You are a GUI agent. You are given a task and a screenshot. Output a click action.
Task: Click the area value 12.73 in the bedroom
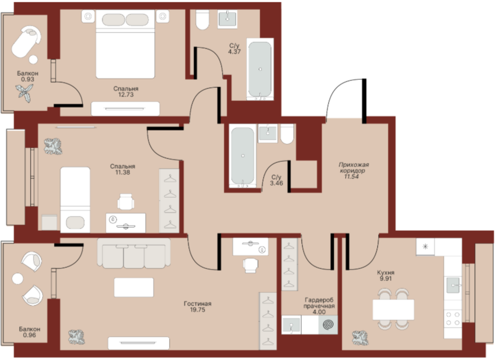click(x=126, y=95)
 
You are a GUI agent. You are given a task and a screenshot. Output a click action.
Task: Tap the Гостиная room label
click(x=198, y=304)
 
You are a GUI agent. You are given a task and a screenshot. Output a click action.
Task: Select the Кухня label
click(x=386, y=272)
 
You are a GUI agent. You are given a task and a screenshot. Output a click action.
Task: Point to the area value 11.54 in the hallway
click(x=351, y=177)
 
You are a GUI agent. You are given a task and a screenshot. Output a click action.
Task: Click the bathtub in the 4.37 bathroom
click(x=260, y=69)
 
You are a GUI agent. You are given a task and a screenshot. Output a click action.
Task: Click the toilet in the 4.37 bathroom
click(x=202, y=19)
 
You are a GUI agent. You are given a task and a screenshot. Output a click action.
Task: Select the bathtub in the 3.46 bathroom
click(x=243, y=156)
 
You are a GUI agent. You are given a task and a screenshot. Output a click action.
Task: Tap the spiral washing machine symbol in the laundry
click(x=328, y=325)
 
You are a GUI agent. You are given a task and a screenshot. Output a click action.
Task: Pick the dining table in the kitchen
click(x=393, y=310)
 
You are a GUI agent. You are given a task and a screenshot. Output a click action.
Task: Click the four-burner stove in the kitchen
click(x=453, y=318)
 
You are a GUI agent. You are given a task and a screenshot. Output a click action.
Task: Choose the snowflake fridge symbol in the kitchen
click(x=426, y=247)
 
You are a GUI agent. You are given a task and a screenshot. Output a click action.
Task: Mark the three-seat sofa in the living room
click(x=134, y=253)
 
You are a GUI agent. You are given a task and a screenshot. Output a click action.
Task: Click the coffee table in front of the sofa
click(x=134, y=288)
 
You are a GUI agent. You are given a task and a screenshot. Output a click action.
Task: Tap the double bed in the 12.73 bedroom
click(x=125, y=44)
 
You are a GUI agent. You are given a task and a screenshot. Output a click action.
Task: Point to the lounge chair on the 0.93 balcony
click(x=26, y=42)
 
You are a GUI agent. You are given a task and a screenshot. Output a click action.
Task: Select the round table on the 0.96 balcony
click(x=17, y=279)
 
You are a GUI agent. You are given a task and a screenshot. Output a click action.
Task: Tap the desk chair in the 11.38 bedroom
click(x=126, y=202)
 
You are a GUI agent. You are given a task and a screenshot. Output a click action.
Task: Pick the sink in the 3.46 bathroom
click(x=268, y=133)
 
